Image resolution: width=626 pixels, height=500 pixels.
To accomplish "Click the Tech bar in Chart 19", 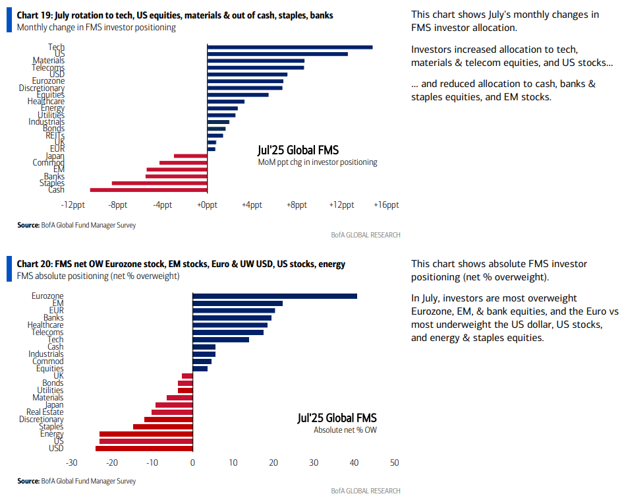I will [x=290, y=47].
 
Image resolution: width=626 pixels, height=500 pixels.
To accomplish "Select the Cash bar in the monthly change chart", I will [x=149, y=190].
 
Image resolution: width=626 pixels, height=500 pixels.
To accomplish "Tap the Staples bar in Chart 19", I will [x=159, y=183].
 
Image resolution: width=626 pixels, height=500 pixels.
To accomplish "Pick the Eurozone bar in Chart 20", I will [x=275, y=296].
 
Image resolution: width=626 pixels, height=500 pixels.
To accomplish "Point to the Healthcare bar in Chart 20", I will [x=230, y=325].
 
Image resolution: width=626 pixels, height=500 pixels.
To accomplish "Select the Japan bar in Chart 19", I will [x=190, y=156].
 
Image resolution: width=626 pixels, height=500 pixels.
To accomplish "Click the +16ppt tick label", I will [x=386, y=205].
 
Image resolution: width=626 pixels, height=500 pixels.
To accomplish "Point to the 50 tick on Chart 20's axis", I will [x=394, y=463].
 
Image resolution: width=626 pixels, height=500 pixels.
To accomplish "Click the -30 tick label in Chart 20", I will [x=72, y=463].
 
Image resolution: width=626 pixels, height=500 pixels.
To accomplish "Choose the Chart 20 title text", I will [x=181, y=265].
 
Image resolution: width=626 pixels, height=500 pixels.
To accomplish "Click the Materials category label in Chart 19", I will [x=49, y=61].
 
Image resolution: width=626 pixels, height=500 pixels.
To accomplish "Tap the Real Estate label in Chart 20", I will [x=45, y=412].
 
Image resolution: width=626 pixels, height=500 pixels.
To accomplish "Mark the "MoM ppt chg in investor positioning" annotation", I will [x=317, y=162].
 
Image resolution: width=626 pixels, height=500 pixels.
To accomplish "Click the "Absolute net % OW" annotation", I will [x=345, y=430].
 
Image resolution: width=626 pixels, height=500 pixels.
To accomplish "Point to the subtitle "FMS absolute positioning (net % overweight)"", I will [x=98, y=276].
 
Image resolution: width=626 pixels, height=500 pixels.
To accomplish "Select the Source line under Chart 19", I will [x=76, y=226].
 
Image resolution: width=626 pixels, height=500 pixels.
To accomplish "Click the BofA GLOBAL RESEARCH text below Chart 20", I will [x=366, y=491].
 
